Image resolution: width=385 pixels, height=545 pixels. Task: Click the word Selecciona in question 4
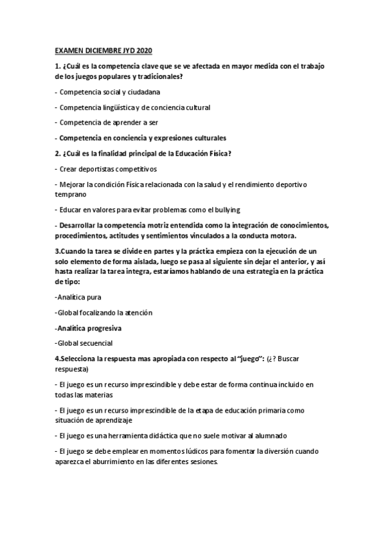tap(78, 358)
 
